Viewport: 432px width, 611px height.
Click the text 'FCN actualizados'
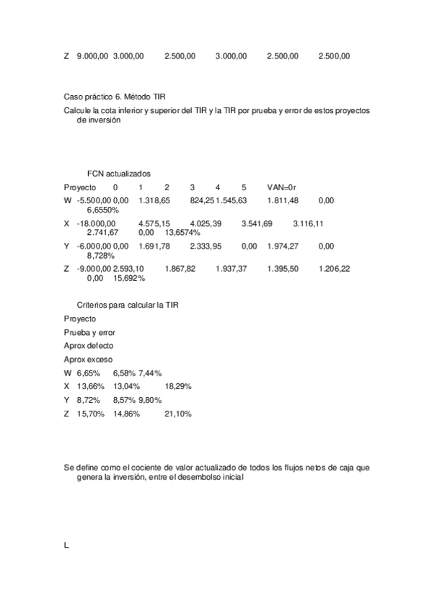(118, 174)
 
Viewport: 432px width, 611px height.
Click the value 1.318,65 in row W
(154, 200)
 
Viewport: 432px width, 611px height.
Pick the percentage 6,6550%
(102, 209)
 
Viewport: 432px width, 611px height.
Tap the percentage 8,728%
(101, 256)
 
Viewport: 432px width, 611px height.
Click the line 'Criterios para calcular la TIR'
(127, 305)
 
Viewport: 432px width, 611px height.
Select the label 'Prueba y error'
(89, 332)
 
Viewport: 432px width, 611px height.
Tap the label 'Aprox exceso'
(88, 360)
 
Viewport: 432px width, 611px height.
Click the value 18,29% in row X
(178, 386)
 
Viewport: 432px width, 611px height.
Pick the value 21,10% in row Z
(178, 414)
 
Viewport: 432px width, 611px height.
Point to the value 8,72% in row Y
(88, 400)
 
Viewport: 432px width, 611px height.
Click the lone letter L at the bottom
(66, 545)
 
